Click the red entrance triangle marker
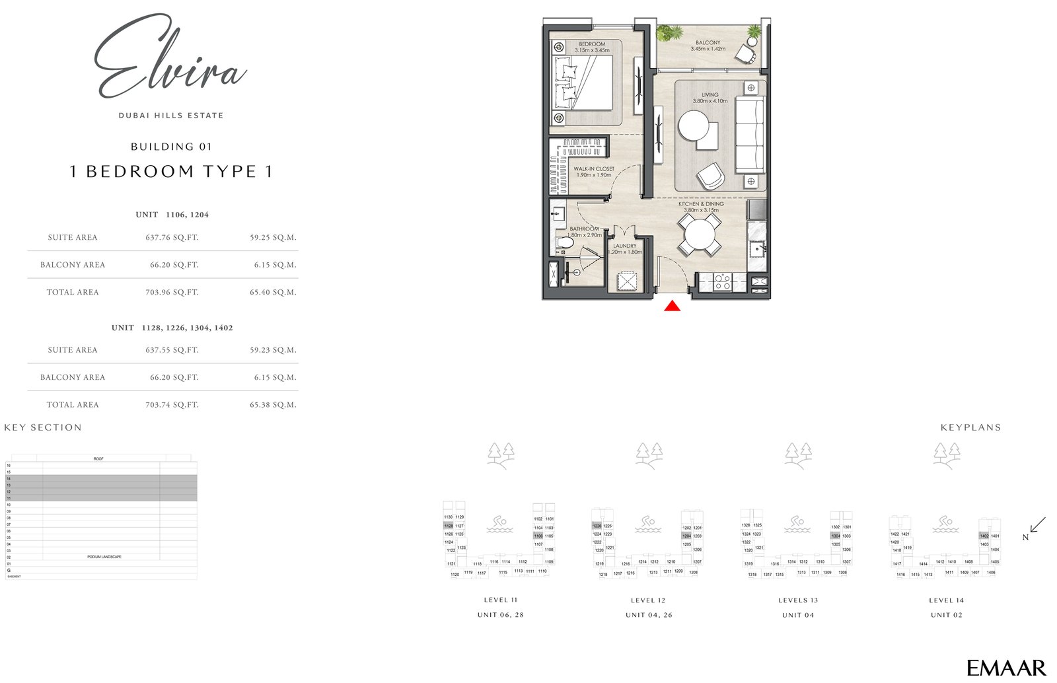pos(672,306)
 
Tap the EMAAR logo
pos(1006,668)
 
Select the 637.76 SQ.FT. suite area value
pos(172,237)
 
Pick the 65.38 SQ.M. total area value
pos(273,405)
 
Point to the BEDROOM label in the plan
pos(591,44)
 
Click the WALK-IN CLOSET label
pos(593,169)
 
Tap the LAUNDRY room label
pos(624,246)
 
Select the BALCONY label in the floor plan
pos(708,43)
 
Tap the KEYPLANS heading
pos(970,427)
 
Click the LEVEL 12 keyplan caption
pos(648,600)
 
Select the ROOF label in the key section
pos(98,458)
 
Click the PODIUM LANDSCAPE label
pos(104,557)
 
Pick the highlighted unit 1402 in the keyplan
pos(984,536)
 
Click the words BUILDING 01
pos(170,147)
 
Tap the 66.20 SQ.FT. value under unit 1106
pos(174,265)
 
